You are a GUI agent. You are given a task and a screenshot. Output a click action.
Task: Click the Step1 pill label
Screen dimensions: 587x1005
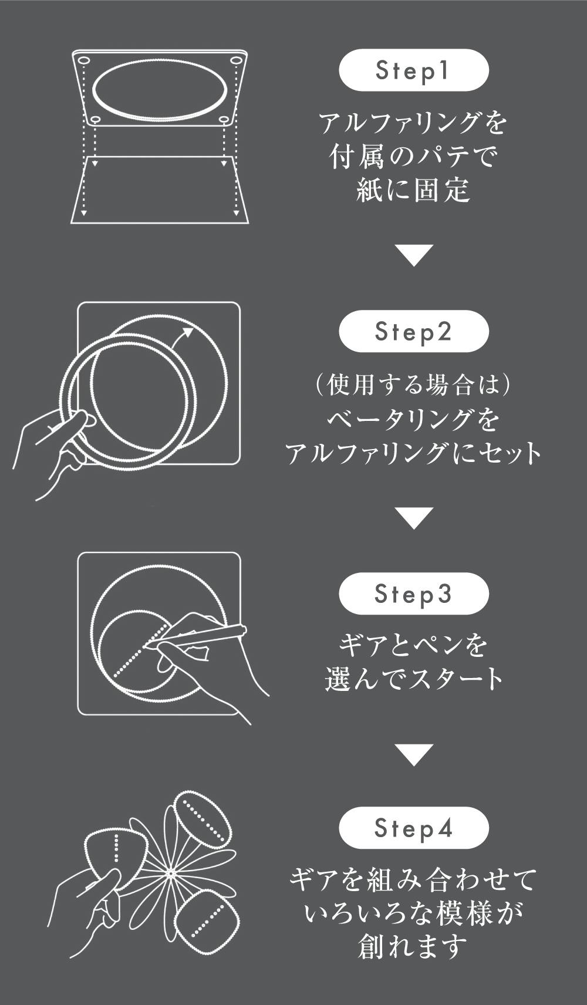pyautogui.click(x=413, y=70)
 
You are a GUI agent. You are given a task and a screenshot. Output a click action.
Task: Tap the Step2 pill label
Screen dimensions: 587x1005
pyautogui.click(x=413, y=331)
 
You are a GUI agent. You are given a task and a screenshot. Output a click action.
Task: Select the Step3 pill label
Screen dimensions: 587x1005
pyautogui.click(x=413, y=593)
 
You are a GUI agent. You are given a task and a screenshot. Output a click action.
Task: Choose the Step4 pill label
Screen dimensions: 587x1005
pyautogui.click(x=413, y=828)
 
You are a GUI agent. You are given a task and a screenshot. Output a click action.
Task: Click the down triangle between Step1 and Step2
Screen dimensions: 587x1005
pyautogui.click(x=413, y=255)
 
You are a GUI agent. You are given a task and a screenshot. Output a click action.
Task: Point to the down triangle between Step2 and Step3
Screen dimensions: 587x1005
pyautogui.click(x=413, y=518)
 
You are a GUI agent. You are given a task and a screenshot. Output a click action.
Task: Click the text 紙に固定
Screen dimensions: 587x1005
pyautogui.click(x=413, y=190)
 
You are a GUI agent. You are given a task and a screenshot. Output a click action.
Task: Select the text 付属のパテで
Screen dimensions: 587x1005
pyautogui.click(x=413, y=157)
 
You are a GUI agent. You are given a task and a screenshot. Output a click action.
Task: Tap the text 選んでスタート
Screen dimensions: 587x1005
pyautogui.click(x=413, y=679)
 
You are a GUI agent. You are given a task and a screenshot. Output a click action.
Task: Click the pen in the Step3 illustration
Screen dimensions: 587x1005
pyautogui.click(x=197, y=637)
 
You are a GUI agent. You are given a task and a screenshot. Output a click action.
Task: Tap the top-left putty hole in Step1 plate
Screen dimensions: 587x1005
pyautogui.click(x=83, y=60)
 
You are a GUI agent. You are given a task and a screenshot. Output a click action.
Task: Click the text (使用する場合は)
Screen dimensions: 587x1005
pyautogui.click(x=413, y=385)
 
